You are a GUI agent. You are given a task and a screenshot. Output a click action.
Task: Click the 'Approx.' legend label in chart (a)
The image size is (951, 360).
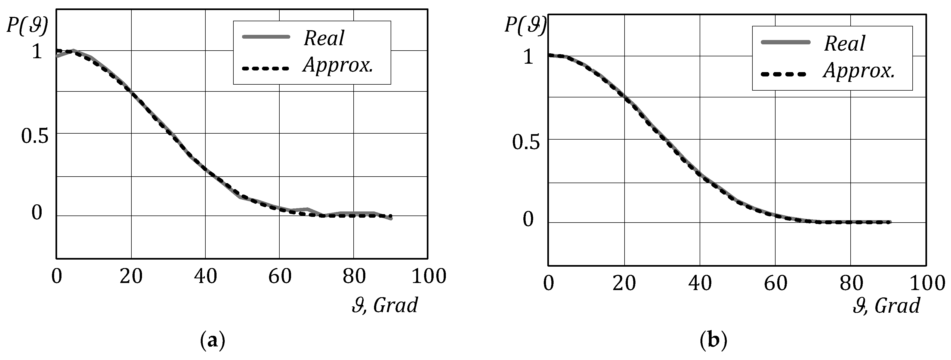(x=338, y=66)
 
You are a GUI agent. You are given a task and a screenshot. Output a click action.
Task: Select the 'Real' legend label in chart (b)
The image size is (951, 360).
(x=845, y=44)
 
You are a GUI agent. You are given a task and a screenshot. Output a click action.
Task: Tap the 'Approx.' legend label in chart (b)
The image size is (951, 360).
(x=859, y=71)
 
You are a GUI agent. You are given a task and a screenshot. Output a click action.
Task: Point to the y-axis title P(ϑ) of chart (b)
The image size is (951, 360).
(x=525, y=25)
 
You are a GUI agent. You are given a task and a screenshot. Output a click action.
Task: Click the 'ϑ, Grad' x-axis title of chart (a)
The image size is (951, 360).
(x=385, y=305)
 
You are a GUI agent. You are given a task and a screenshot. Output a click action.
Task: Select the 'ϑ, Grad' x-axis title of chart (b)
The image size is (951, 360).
(x=886, y=306)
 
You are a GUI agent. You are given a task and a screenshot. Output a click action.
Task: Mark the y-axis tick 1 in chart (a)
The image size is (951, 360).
(x=37, y=51)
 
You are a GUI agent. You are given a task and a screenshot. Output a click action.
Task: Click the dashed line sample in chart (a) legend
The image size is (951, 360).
(x=265, y=68)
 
